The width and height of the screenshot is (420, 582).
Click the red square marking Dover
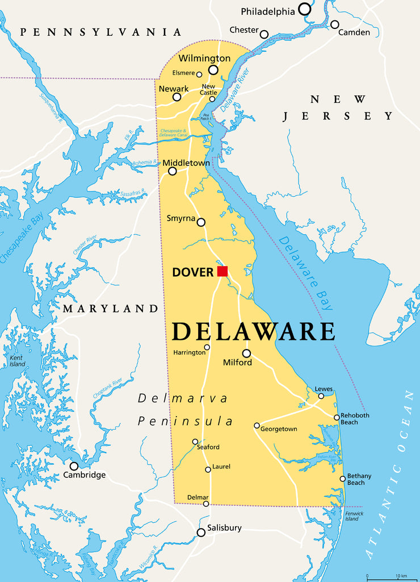[222, 271]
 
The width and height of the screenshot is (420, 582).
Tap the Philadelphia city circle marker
[305, 9]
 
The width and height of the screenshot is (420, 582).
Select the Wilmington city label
[204, 58]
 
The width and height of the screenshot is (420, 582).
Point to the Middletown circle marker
[173, 171]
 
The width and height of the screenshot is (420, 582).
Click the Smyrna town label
[180, 218]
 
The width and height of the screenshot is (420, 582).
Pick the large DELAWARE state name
[253, 331]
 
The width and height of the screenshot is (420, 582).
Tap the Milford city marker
[246, 353]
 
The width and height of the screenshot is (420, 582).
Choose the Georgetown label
[279, 429]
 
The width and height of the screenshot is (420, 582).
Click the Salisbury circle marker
[201, 533]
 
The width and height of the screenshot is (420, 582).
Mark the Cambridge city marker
[74, 466]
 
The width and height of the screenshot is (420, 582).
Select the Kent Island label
[17, 360]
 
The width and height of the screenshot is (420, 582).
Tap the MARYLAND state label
[110, 309]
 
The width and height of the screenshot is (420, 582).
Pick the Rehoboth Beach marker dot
[337, 418]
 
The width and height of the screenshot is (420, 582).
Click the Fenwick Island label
[352, 516]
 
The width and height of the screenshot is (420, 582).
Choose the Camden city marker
[335, 24]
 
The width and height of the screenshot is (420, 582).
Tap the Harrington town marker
[207, 347]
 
